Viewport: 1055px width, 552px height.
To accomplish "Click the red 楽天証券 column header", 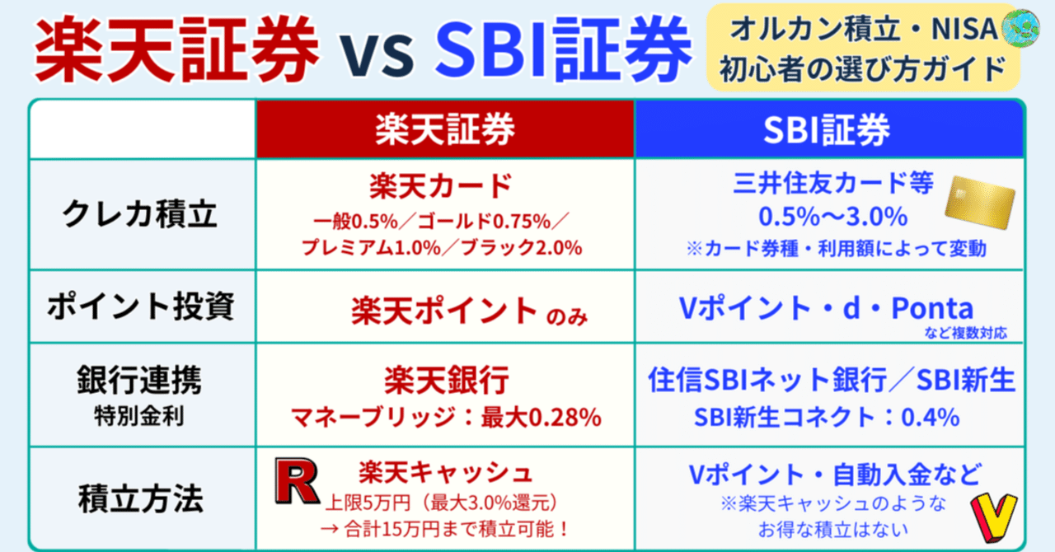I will [x=444, y=129].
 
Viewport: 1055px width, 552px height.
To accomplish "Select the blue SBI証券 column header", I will [x=828, y=129].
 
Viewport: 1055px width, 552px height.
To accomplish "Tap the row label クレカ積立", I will [x=141, y=214].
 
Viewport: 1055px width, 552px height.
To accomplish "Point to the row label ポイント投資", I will [x=141, y=306].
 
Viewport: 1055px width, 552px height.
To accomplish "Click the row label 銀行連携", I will [x=141, y=381].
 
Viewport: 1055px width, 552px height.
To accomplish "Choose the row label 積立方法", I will [x=141, y=499].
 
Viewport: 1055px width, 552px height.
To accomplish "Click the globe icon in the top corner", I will [x=1020, y=26].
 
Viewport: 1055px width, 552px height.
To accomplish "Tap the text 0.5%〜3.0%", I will [x=832, y=218].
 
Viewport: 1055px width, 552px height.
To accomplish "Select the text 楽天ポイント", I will [x=444, y=310].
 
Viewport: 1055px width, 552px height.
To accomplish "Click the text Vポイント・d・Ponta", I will [x=825, y=308].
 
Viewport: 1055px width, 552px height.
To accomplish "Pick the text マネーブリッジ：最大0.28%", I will [x=445, y=417].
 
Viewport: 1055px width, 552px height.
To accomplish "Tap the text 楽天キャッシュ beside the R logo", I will [x=445, y=472].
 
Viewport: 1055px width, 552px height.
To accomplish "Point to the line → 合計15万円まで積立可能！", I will [x=445, y=525].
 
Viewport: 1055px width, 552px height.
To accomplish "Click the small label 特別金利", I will [x=141, y=414].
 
